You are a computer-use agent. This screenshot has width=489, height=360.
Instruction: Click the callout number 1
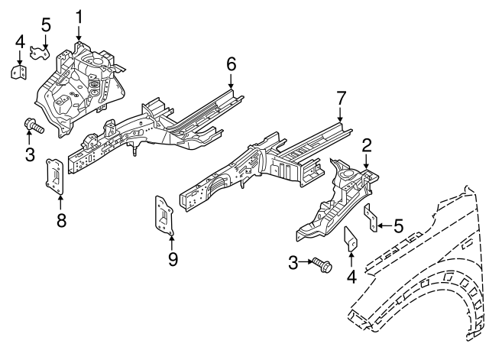click(79, 15)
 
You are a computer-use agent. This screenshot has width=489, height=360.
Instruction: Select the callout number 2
click(367, 144)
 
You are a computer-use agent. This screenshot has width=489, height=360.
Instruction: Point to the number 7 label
click(340, 98)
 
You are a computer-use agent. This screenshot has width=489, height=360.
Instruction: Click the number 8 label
click(61, 221)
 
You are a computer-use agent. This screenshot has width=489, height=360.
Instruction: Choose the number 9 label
click(172, 259)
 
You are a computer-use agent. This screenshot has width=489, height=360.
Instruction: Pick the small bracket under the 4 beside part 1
click(18, 71)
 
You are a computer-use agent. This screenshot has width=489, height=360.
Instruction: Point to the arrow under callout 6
click(230, 83)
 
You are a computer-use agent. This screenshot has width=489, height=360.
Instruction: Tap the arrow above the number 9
click(172, 240)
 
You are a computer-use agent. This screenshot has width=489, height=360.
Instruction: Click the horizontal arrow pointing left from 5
click(386, 225)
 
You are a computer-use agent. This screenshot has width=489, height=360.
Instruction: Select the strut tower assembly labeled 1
click(80, 76)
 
